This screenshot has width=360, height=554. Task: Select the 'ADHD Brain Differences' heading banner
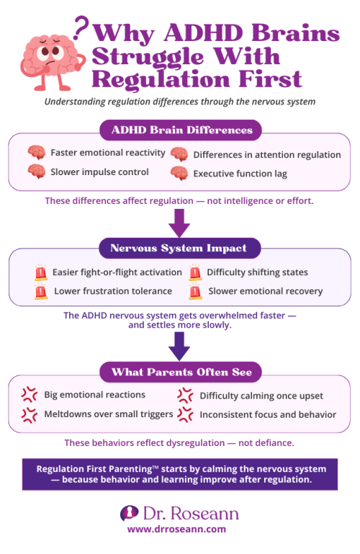click(x=180, y=130)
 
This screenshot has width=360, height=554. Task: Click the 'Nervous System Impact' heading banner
click(x=180, y=249)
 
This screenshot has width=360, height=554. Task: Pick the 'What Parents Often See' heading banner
click(x=180, y=372)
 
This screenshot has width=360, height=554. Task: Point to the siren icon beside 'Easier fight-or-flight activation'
click(x=40, y=273)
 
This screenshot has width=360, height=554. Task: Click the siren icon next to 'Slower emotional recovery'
click(x=194, y=292)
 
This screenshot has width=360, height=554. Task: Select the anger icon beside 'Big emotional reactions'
click(x=30, y=395)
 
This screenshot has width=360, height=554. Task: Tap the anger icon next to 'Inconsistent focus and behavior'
click(x=185, y=414)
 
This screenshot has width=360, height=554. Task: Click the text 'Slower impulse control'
click(x=100, y=171)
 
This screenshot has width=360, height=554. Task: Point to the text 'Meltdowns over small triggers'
click(x=108, y=414)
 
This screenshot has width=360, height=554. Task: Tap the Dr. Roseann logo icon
click(x=129, y=512)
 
